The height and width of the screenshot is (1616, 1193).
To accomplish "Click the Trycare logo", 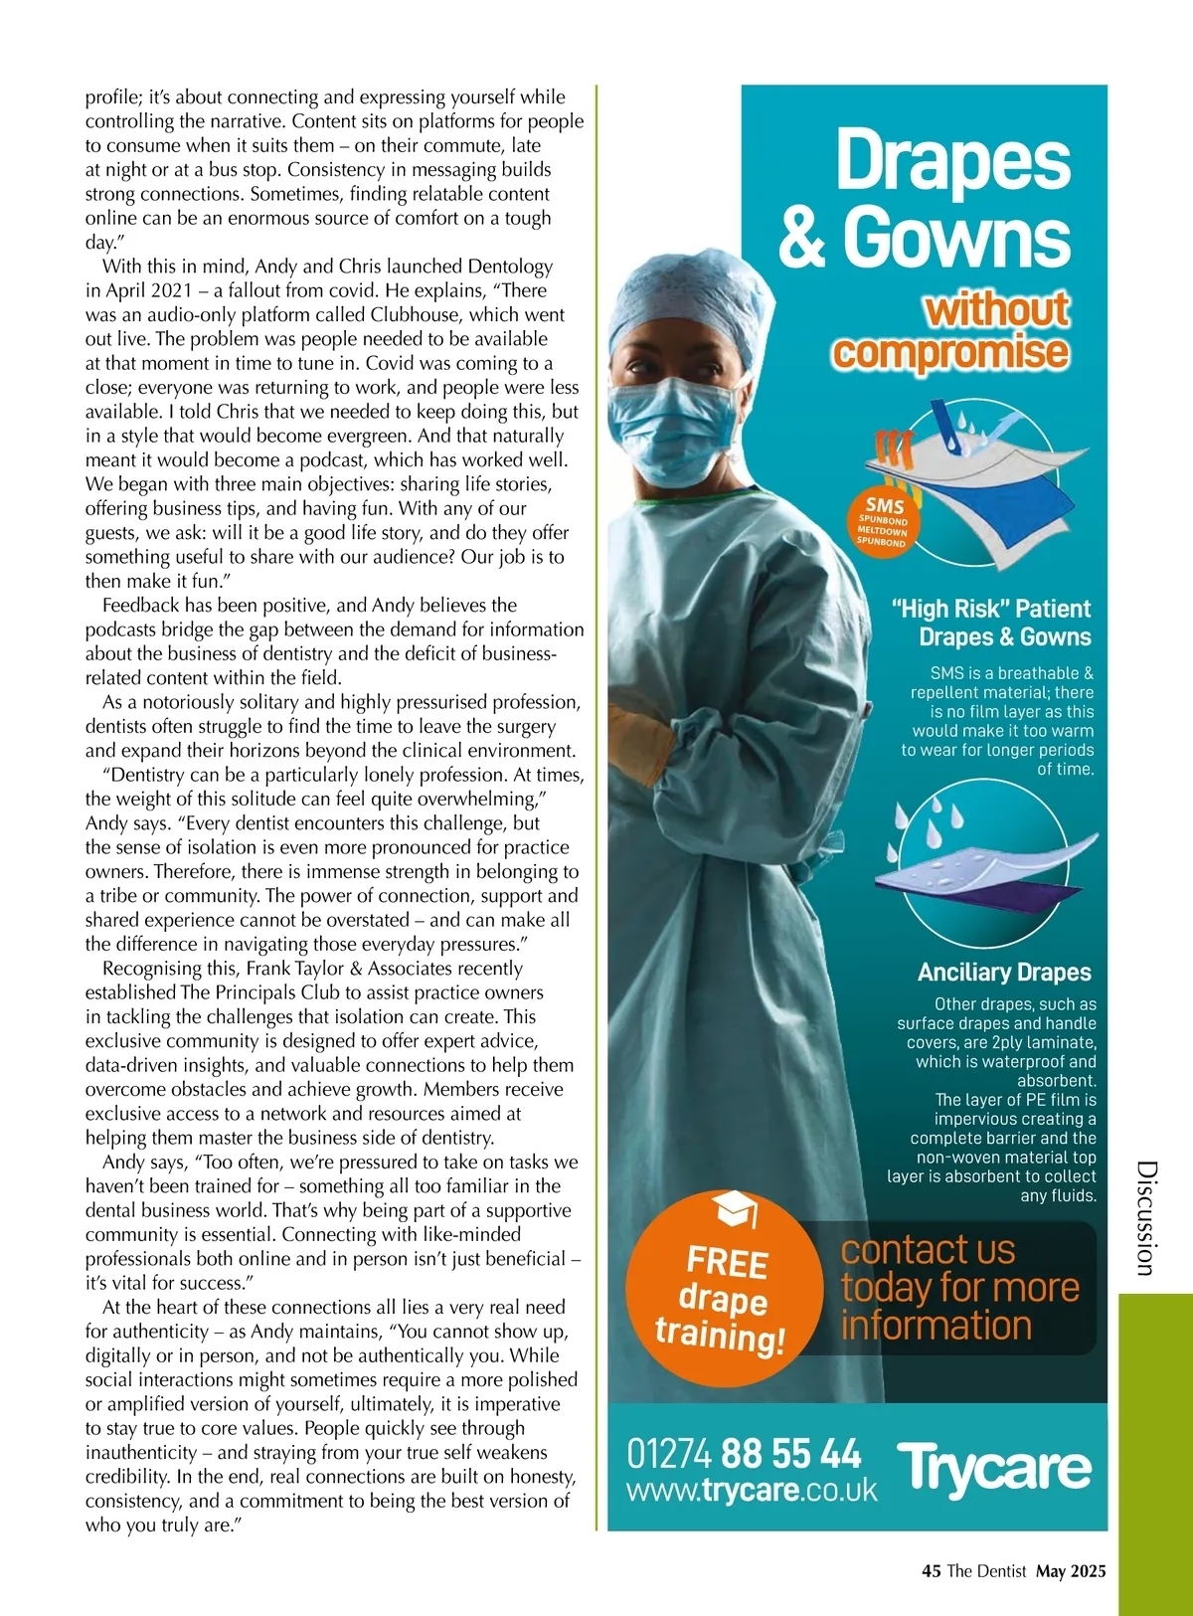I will (993, 1469).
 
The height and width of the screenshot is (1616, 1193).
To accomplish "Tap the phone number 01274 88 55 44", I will (744, 1454).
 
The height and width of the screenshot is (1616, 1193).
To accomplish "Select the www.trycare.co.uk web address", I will (752, 1490).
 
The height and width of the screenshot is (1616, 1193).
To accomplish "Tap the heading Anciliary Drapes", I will (1004, 973).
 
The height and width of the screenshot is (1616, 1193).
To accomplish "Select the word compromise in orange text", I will (950, 352).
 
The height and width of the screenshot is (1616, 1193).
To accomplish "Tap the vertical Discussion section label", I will (1146, 1217).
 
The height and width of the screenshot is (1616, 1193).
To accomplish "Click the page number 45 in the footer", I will (932, 1571).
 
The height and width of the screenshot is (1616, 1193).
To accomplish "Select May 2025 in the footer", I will (1071, 1571).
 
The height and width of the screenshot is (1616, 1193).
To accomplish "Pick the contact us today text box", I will (958, 1288).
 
